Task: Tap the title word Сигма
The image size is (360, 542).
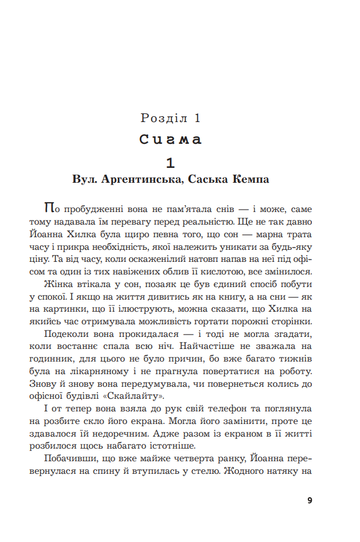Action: click(171, 140)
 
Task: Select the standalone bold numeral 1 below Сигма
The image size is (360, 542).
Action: click(170, 162)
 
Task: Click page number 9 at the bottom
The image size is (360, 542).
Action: click(310, 500)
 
